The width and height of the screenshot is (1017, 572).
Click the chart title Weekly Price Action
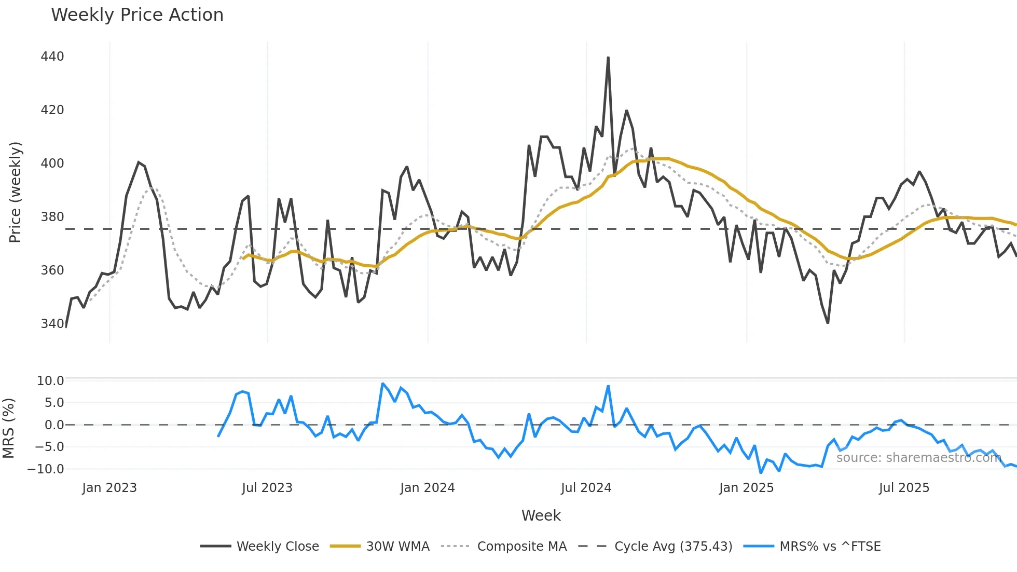pos(137,15)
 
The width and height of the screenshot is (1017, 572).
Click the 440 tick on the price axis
pos(52,56)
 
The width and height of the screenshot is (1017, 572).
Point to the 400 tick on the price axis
pos(52,163)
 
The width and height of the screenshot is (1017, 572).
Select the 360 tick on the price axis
pos(52,270)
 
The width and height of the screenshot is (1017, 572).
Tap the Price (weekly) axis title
pos(15,192)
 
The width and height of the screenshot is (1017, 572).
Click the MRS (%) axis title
pos(8,428)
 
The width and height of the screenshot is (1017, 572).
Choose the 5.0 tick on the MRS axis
pos(54,403)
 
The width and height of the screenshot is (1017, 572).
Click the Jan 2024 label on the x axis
pos(427,488)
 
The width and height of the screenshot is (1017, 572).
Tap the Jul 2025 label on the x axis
pos(904,488)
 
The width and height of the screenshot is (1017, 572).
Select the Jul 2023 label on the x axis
pos(267,488)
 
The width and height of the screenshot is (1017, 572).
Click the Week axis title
pos(541,515)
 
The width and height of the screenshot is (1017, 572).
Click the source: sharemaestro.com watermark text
pos(918,458)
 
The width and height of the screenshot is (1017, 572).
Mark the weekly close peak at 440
pos(608,58)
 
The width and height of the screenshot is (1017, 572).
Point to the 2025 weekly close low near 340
pos(828,323)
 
